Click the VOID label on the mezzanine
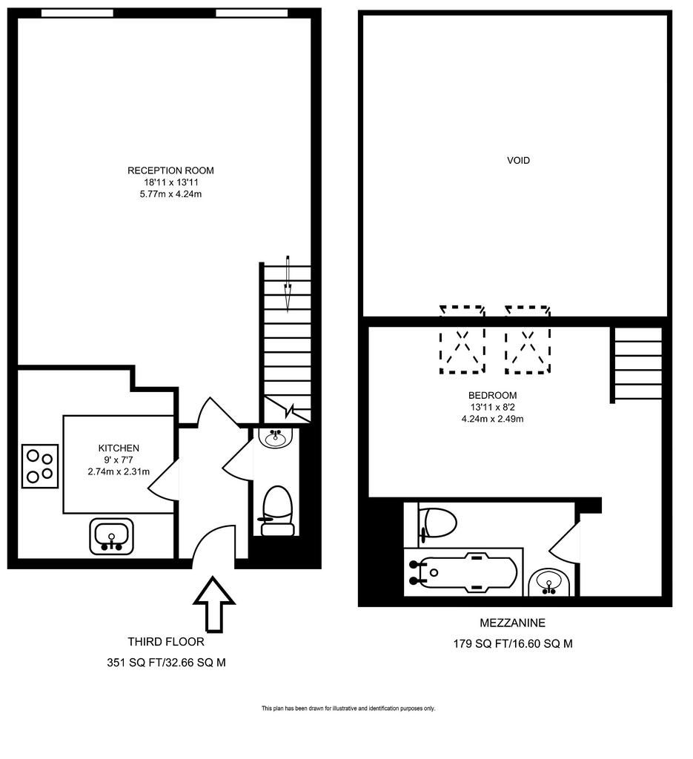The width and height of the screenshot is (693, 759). [x=518, y=160]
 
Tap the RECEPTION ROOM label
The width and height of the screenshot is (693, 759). [x=170, y=170]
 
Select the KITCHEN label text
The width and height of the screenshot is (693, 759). [x=119, y=448]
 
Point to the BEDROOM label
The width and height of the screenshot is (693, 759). [x=492, y=395]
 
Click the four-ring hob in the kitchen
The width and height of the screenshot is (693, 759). [x=40, y=465]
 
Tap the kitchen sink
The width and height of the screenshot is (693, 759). [x=111, y=537]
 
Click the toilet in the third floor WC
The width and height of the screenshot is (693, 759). [x=278, y=511]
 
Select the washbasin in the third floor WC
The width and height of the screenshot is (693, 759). [x=276, y=437]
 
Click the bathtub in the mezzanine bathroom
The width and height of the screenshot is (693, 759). [x=463, y=573]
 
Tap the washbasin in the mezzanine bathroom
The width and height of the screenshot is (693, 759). [x=548, y=583]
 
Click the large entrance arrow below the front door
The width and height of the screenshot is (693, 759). [x=214, y=604]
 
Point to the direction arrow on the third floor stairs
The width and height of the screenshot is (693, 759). [x=288, y=284]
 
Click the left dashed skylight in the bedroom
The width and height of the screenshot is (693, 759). [x=462, y=339]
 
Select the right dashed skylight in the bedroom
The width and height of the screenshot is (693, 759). [x=528, y=339]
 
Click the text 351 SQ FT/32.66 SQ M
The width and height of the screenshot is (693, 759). [x=166, y=662]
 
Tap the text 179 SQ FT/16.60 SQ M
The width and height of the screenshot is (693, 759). [x=513, y=643]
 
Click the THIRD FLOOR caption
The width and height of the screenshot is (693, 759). [x=166, y=641]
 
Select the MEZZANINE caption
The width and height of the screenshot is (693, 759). [x=512, y=623]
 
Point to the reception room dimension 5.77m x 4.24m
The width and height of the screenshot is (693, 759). [x=170, y=194]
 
